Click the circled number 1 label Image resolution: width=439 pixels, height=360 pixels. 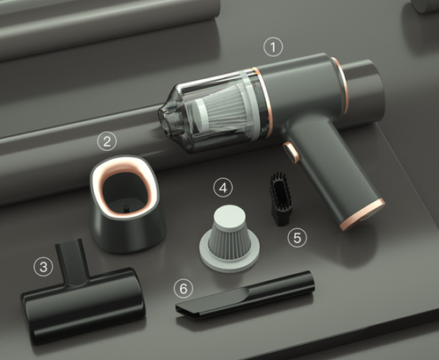(273, 47)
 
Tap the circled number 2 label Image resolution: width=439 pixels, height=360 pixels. (107, 141)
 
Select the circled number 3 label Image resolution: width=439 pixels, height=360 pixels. (43, 266)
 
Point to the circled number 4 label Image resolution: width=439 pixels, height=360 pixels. (223, 188)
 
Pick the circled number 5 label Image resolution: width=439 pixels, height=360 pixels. (297, 237)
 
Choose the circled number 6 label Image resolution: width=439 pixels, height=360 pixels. (184, 289)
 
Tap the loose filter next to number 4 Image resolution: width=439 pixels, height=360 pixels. (230, 238)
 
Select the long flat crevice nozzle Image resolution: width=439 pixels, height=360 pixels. (245, 296)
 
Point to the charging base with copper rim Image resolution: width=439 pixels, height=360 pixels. (126, 205)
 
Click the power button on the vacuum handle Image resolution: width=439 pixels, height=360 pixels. (291, 152)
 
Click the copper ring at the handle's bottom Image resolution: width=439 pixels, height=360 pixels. (363, 214)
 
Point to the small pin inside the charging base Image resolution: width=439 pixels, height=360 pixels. (126, 209)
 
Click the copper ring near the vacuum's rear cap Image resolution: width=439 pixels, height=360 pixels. (340, 85)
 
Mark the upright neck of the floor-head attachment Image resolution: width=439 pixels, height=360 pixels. (71, 261)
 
